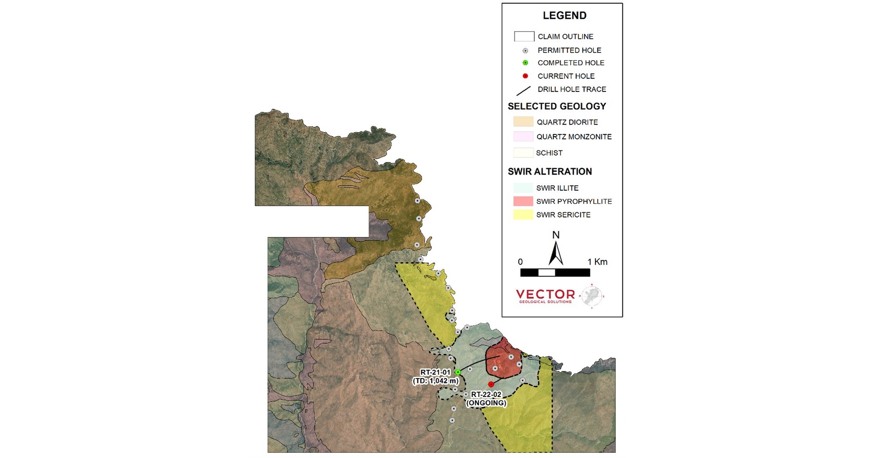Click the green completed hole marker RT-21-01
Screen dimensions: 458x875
[458, 372]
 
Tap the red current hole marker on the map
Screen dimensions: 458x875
[491, 385]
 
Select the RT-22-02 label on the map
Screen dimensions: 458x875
[486, 395]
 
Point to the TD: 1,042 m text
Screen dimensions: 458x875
[435, 381]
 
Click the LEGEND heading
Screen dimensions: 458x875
[564, 16]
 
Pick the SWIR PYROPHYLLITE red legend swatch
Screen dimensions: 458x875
[523, 201]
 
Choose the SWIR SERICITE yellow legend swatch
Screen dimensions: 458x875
[523, 215]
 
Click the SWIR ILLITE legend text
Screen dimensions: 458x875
[557, 188]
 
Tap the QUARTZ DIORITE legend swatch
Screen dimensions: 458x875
[523, 122]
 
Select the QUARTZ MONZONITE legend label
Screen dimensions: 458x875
[574, 137]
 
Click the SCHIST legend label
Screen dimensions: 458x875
[549, 153]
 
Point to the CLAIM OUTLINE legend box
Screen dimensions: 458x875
[524, 36]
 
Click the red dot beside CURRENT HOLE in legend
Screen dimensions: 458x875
[525, 76]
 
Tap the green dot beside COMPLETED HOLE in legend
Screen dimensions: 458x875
[525, 63]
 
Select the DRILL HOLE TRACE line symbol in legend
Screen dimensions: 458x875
[523, 91]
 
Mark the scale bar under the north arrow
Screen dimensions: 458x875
[555, 273]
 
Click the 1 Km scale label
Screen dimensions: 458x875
[597, 262]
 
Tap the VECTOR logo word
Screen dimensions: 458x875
[545, 294]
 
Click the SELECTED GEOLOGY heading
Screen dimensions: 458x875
[557, 106]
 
